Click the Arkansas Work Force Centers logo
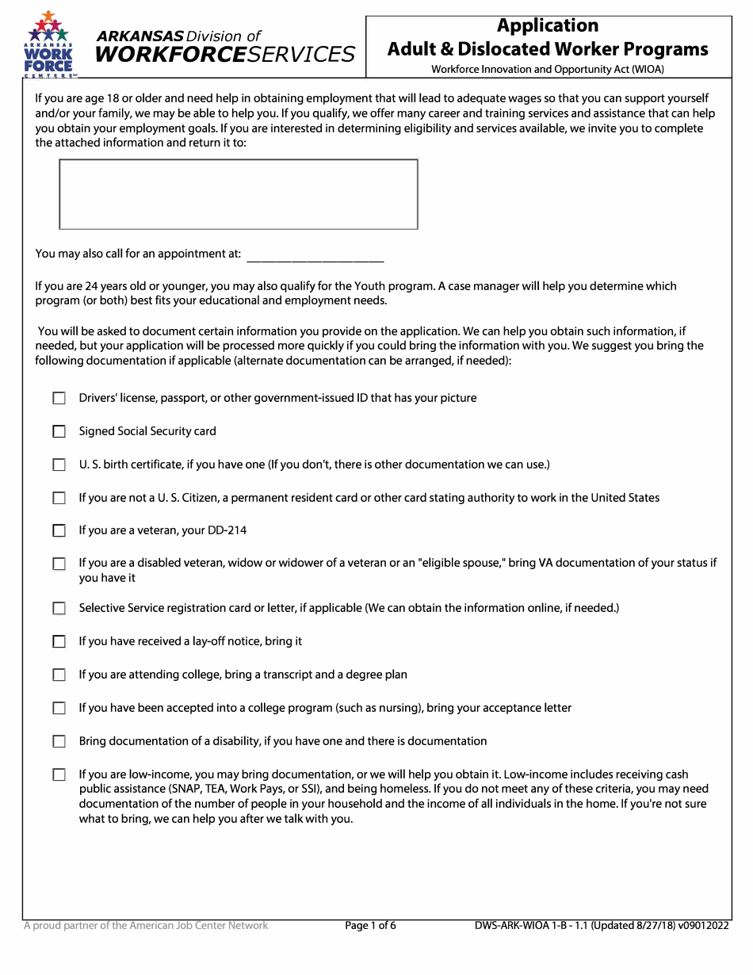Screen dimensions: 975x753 50,45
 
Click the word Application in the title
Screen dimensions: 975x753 547,25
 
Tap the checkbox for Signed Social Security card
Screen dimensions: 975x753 59,431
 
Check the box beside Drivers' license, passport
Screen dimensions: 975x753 59,398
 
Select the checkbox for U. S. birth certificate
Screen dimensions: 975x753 59,465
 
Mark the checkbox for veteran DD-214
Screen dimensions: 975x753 59,530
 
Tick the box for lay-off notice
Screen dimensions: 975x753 59,641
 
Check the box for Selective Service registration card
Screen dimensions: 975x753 59,608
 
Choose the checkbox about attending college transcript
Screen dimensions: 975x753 59,675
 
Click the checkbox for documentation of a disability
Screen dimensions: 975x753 59,741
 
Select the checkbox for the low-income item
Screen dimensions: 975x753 59,774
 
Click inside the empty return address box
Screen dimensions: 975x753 238,194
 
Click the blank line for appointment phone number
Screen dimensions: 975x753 315,255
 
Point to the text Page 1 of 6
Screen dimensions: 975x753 371,925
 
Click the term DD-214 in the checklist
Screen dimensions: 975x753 230,530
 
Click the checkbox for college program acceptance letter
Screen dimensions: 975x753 59,708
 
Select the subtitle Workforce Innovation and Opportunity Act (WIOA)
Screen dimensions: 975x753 548,69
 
